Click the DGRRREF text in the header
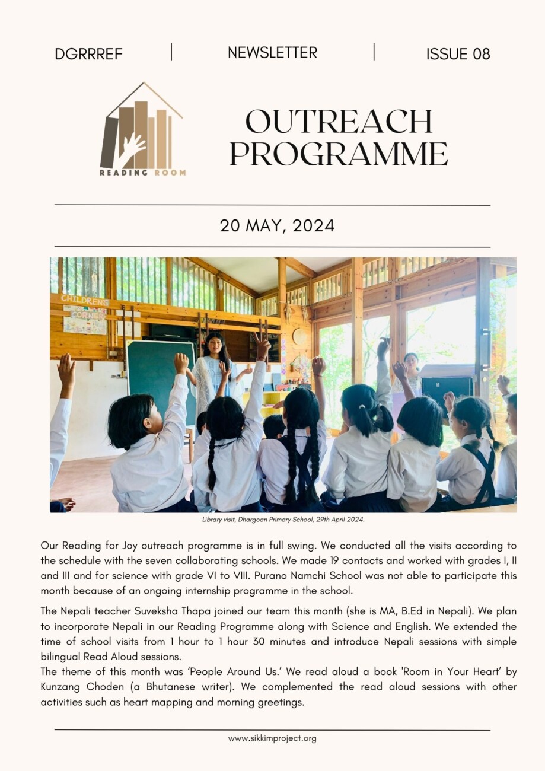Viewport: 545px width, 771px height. click(x=88, y=54)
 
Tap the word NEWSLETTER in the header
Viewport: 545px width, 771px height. click(x=272, y=53)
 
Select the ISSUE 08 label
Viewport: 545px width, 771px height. click(x=458, y=54)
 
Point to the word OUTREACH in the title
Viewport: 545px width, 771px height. click(x=339, y=122)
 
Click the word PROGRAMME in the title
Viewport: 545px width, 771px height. click(x=339, y=153)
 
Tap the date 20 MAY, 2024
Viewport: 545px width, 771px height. click(x=277, y=226)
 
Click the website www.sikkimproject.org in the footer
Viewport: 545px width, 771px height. click(x=272, y=738)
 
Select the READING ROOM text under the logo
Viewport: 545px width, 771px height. click(x=142, y=173)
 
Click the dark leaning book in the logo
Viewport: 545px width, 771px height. click(x=109, y=142)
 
